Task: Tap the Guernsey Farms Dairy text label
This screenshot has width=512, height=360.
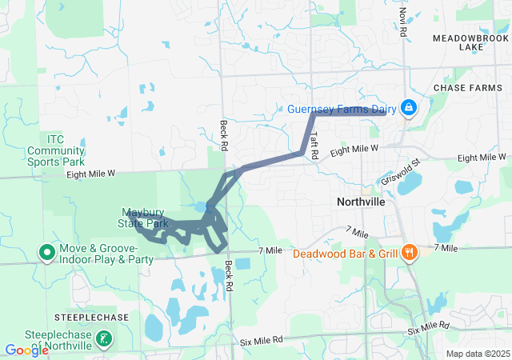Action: click(x=343, y=108)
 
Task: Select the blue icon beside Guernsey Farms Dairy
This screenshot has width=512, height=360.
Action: click(x=408, y=107)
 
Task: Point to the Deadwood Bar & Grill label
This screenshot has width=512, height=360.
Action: click(x=346, y=254)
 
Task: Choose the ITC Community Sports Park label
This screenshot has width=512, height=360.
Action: click(x=55, y=144)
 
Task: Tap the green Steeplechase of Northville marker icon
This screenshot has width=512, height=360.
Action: click(x=103, y=338)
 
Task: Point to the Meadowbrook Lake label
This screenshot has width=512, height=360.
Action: click(x=470, y=42)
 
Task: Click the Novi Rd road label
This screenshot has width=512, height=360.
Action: click(x=403, y=23)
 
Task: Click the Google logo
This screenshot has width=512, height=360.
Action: click(x=26, y=350)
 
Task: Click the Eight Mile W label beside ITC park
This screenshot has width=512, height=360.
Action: click(x=91, y=173)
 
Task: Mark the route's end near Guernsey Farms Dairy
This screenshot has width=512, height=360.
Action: click(x=386, y=113)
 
